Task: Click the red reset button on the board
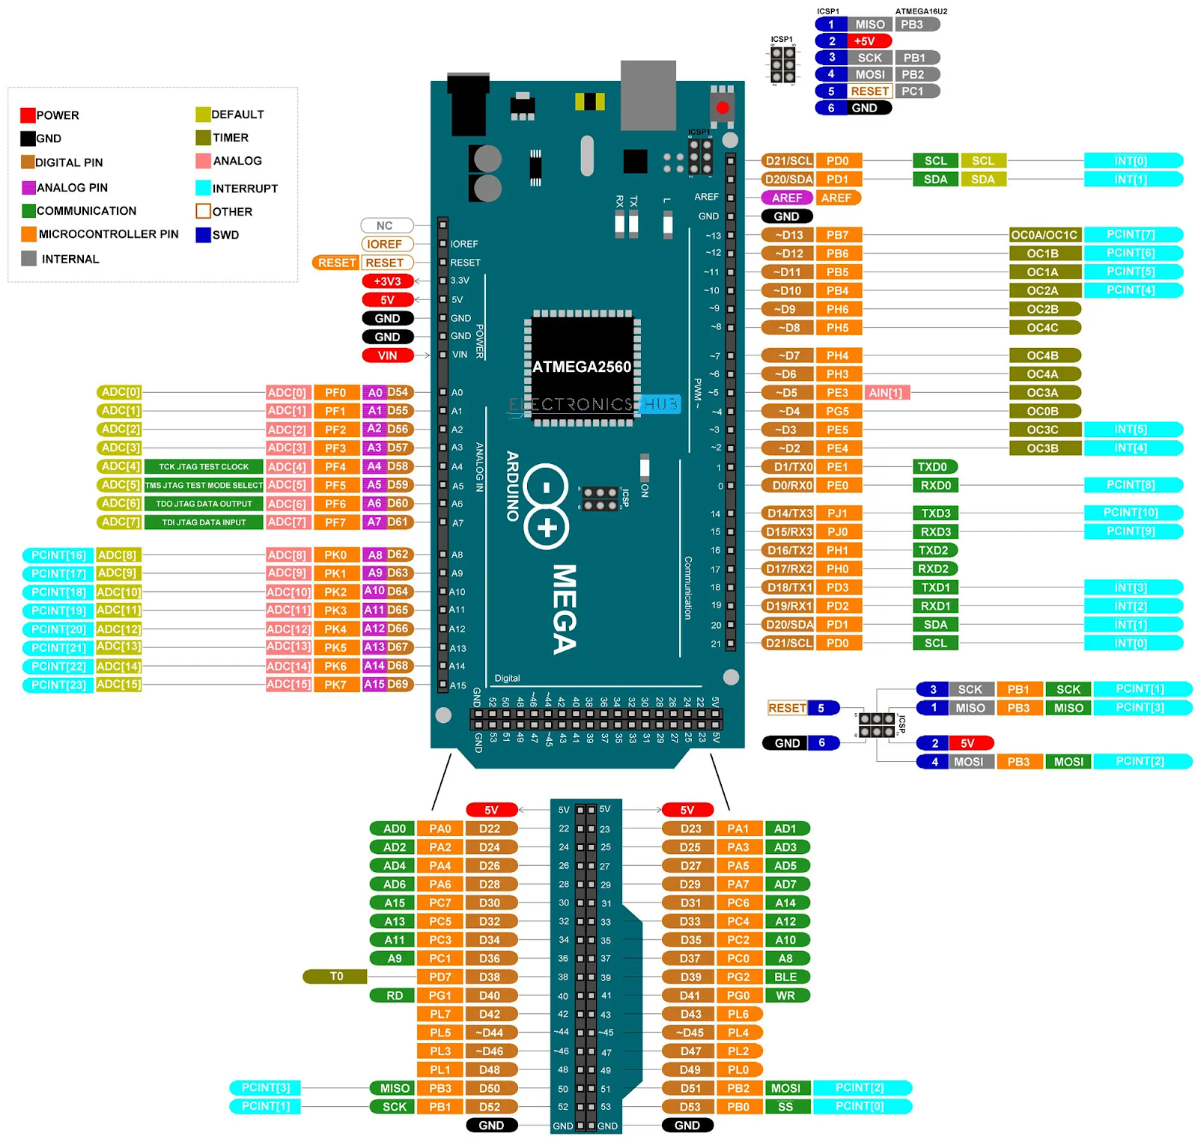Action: click(x=722, y=108)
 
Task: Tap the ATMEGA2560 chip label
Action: click(x=582, y=367)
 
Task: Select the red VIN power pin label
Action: click(x=387, y=355)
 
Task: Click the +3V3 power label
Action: click(x=387, y=281)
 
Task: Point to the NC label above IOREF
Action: click(x=385, y=225)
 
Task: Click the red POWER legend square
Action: click(x=28, y=115)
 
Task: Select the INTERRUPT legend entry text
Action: click(x=245, y=189)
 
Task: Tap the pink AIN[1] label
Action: click(x=886, y=393)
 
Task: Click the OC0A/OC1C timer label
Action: click(x=1044, y=235)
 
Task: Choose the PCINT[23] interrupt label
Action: click(x=58, y=685)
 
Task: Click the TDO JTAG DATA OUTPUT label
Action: click(x=204, y=504)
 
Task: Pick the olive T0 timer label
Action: click(x=335, y=977)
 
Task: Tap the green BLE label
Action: click(x=785, y=977)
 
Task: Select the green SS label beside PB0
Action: click(x=785, y=1107)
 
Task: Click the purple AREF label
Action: click(x=786, y=198)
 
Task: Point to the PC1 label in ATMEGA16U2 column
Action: click(x=913, y=91)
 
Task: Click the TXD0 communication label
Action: click(x=933, y=467)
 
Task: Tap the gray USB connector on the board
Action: click(x=648, y=94)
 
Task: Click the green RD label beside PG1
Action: click(x=395, y=995)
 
